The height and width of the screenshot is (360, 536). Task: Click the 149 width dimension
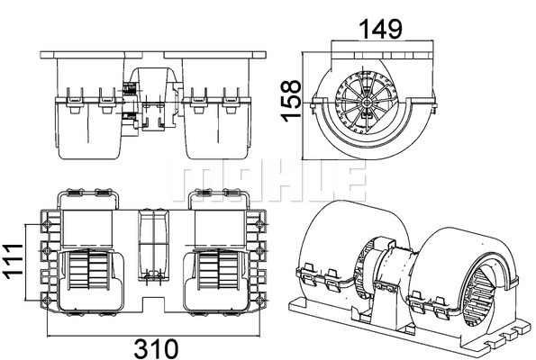pos(381,29)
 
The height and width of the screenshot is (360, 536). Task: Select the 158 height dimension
pos(291,101)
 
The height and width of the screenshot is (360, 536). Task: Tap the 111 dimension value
pos(13,262)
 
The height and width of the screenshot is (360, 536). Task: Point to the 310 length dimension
pos(156,348)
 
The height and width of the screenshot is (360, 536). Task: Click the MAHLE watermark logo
pos(268,179)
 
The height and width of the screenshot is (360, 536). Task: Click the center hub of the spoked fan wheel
pos(367,102)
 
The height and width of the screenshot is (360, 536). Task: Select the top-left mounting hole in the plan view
pos(47,224)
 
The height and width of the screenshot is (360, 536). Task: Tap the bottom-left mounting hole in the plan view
pos(47,301)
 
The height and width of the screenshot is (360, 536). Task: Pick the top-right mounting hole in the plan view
pos(259,224)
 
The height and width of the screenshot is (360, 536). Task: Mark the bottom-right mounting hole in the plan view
pos(259,301)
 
